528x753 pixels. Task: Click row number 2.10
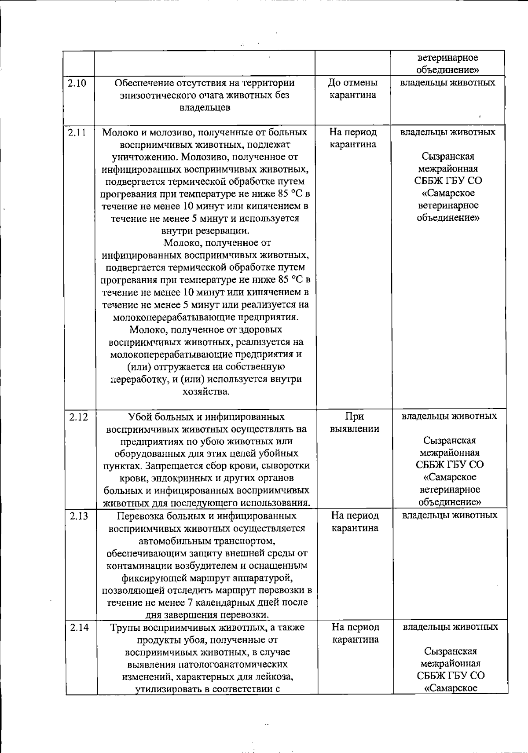pyautogui.click(x=77, y=83)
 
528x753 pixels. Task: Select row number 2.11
pyautogui.click(x=77, y=132)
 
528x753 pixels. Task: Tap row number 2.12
pyautogui.click(x=79, y=417)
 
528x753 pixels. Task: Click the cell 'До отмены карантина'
pyautogui.click(x=353, y=89)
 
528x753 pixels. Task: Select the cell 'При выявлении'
pyautogui.click(x=355, y=422)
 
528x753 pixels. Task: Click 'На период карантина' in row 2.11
pyautogui.click(x=353, y=138)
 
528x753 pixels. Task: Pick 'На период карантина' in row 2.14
pyautogui.click(x=355, y=633)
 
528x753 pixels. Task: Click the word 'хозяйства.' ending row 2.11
pyautogui.click(x=206, y=391)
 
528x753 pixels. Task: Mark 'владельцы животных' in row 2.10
pyautogui.click(x=448, y=83)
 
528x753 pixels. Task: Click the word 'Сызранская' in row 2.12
pyautogui.click(x=449, y=441)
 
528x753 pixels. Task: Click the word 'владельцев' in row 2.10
pyautogui.click(x=205, y=107)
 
